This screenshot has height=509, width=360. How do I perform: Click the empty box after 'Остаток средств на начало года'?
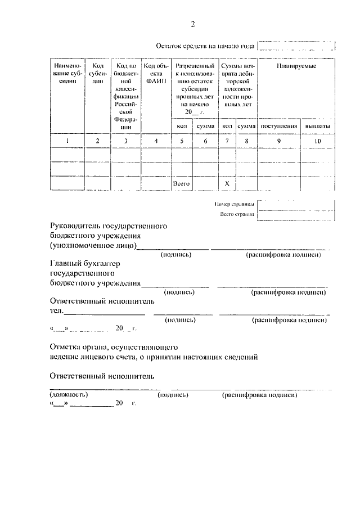pos(296,47)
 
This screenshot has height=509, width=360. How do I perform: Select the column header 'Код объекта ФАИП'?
pos(154,74)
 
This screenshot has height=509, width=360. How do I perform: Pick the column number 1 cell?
pos(67,141)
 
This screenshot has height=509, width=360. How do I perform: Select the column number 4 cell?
pos(155,141)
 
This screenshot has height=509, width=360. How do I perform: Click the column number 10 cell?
pos(318,141)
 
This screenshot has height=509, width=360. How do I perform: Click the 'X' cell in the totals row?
pos(227,183)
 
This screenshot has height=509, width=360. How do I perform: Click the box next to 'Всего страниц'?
pos(296,214)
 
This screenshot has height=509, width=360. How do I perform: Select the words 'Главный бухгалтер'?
pos(85,263)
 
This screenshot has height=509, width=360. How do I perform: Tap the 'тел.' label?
pos(56,310)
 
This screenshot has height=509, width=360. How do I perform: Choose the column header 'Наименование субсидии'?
pos(67,74)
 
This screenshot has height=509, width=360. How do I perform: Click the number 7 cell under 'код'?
pos(227,141)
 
